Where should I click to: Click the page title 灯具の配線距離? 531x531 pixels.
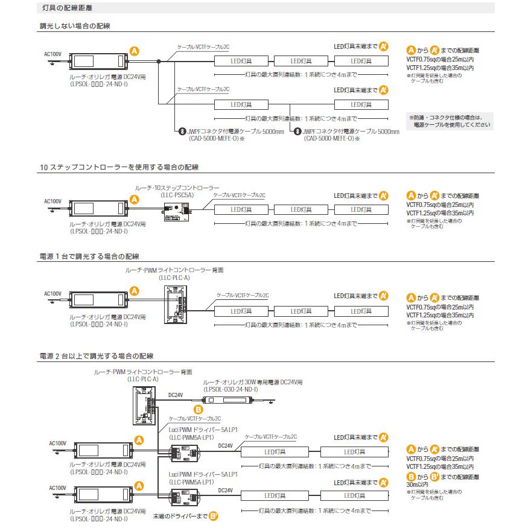(x=68, y=8)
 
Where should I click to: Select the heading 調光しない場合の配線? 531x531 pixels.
(x=74, y=26)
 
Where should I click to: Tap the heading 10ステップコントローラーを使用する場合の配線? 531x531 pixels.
(x=119, y=166)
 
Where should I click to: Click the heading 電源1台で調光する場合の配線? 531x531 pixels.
(x=89, y=256)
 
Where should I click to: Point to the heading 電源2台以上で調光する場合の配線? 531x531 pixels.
(x=97, y=356)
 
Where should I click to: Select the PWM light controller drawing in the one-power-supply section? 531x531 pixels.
(x=177, y=305)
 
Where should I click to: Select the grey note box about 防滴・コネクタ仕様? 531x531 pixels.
(x=450, y=120)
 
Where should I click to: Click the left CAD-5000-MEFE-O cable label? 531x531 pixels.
(x=211, y=138)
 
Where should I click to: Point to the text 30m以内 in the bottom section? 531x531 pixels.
(x=417, y=484)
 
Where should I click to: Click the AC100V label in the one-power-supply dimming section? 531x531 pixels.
(x=53, y=294)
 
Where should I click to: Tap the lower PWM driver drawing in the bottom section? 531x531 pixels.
(x=186, y=497)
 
